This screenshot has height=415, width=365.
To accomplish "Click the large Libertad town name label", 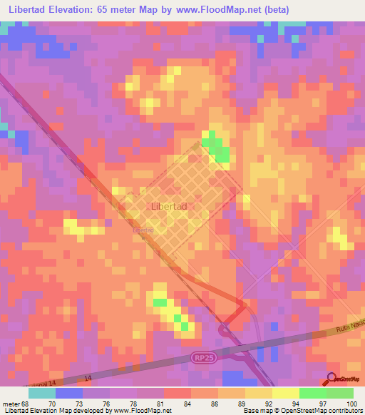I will pyautogui.click(x=170, y=206).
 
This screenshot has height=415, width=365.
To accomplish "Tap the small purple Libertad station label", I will pyautogui.click(x=143, y=231).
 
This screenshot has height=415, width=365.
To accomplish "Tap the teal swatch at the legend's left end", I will pyautogui.click(x=42, y=393).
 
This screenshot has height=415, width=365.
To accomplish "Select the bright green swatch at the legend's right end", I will pyautogui.click(x=339, y=393).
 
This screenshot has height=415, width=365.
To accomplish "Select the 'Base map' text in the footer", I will pyautogui.click(x=257, y=411).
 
